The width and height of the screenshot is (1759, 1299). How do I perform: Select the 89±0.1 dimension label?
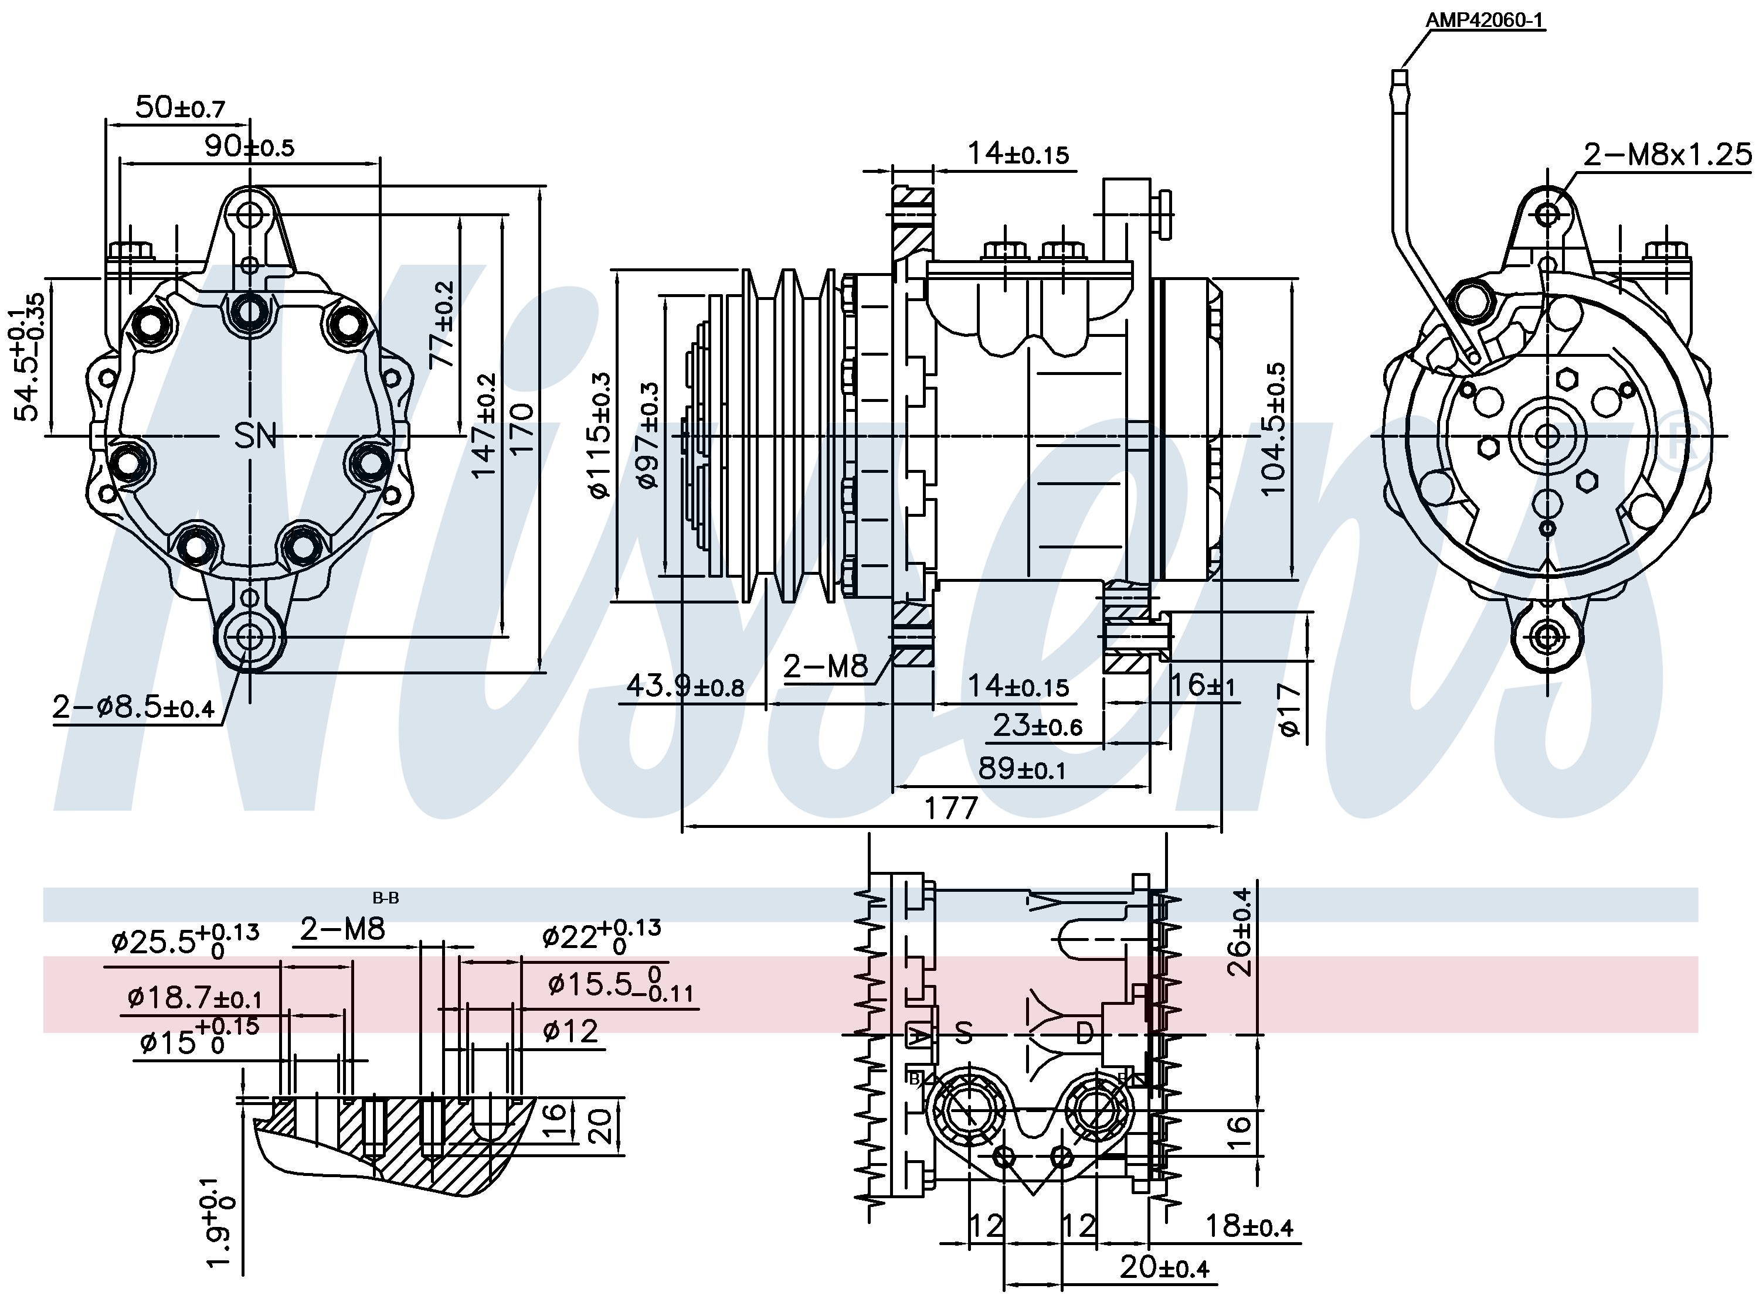(1021, 768)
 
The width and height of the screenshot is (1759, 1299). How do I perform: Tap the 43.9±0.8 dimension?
(684, 687)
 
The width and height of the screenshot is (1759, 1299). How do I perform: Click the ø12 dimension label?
(571, 1031)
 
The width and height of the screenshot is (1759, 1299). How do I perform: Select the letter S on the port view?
(964, 1033)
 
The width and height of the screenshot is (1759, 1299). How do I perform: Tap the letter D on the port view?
(1084, 1033)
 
